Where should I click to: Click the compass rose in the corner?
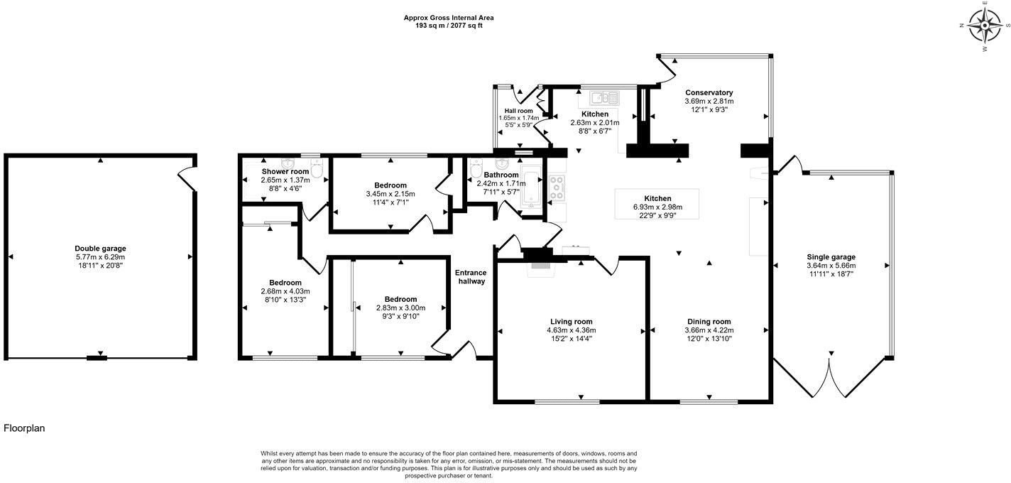(x=985, y=27)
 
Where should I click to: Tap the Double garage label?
(x=100, y=249)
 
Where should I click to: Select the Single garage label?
(x=831, y=257)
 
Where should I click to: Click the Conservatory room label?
(x=709, y=92)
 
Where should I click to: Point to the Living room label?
(x=571, y=321)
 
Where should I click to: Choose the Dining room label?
(x=709, y=321)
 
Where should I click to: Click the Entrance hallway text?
(x=471, y=277)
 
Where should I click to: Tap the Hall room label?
(x=518, y=111)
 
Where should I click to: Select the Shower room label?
(x=285, y=172)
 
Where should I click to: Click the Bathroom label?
(x=501, y=174)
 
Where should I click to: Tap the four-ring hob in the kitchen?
(x=557, y=187)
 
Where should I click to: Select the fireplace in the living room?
(x=542, y=266)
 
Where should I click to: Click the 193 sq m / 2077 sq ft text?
(x=448, y=26)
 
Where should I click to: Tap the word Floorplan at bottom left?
(x=25, y=428)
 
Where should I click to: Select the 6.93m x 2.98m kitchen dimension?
(x=657, y=207)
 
